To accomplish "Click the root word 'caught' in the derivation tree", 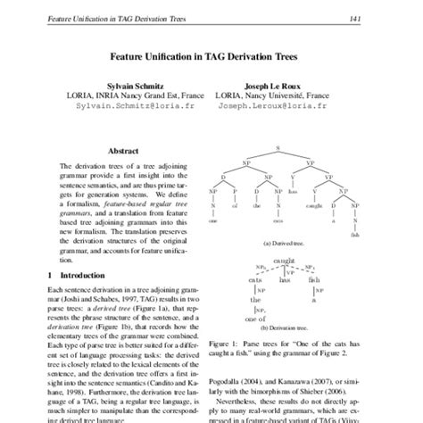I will pos(285,260).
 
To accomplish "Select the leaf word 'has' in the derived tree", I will pos(292,190).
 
